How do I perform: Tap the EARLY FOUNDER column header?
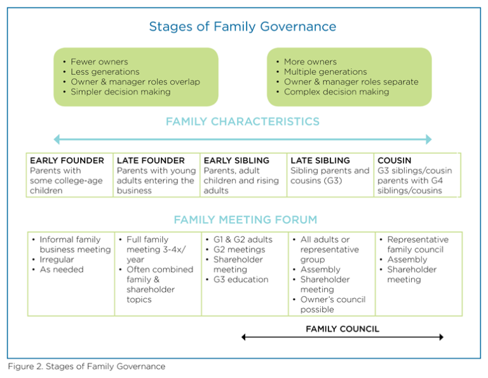[67, 161]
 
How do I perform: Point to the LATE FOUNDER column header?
[151, 161]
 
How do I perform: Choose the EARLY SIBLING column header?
[236, 161]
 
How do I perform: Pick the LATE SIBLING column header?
[320, 161]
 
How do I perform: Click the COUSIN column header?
[394, 161]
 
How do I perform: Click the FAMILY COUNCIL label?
[342, 328]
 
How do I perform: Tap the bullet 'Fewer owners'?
[98, 62]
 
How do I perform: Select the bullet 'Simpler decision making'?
[120, 92]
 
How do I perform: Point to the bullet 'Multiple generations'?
[325, 72]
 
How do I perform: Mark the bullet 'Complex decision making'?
[336, 92]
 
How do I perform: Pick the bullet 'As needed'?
[61, 269]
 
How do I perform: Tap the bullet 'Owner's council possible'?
[325, 304]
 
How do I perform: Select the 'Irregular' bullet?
[57, 259]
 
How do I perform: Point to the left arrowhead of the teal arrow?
[57, 139]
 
